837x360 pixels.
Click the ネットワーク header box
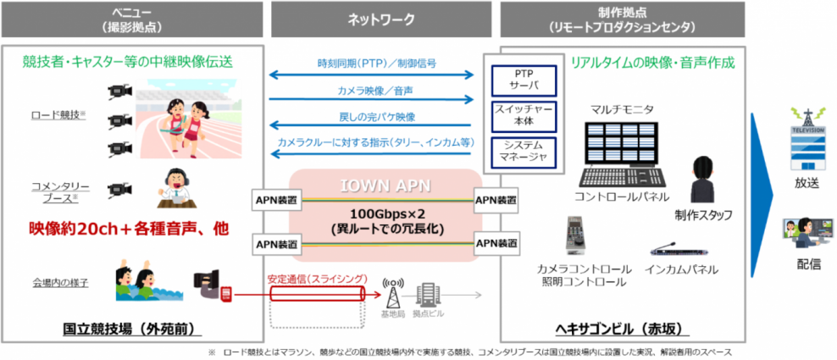click(x=384, y=18)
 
